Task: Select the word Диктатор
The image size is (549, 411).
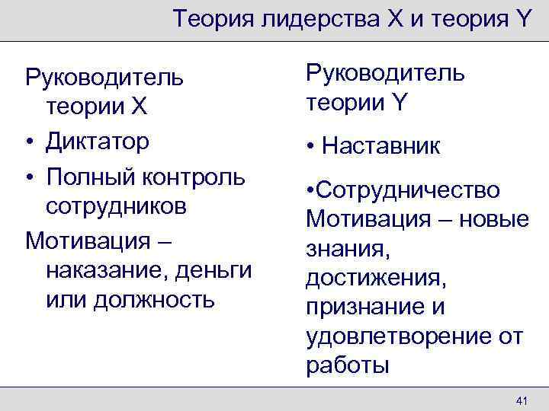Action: (x=98, y=142)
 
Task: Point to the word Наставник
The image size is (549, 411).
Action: (x=381, y=145)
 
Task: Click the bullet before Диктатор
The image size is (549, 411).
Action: (x=30, y=142)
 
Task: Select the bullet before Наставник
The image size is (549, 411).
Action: (x=311, y=146)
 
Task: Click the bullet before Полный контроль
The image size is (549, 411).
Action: (x=30, y=177)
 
